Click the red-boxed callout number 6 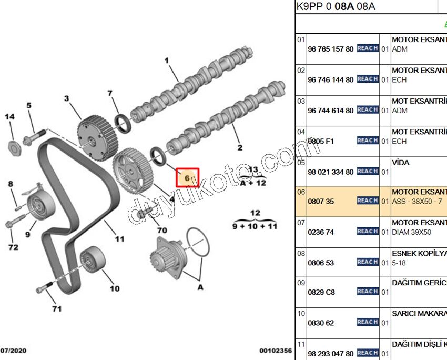pos(187,178)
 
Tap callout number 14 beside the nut pos(9,117)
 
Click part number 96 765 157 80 pos(330,49)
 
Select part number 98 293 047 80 pos(330,353)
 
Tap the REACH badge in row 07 pos(367,232)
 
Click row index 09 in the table pos(301,283)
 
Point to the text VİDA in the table pos(401,163)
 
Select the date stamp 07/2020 pos(14,350)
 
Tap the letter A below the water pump pos(200,287)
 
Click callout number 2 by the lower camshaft pos(240,147)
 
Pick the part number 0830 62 pos(321,323)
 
